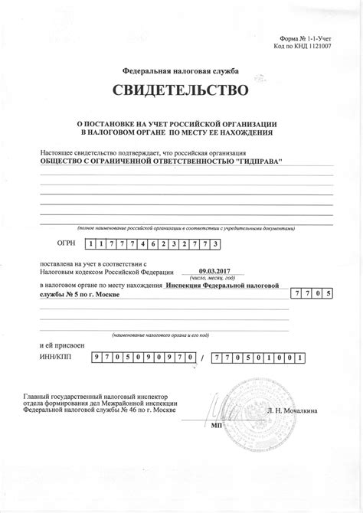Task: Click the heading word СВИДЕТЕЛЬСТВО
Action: pyautogui.click(x=181, y=92)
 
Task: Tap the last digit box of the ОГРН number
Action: pyautogui.click(x=217, y=243)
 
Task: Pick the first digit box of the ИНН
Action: pyautogui.click(x=96, y=358)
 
